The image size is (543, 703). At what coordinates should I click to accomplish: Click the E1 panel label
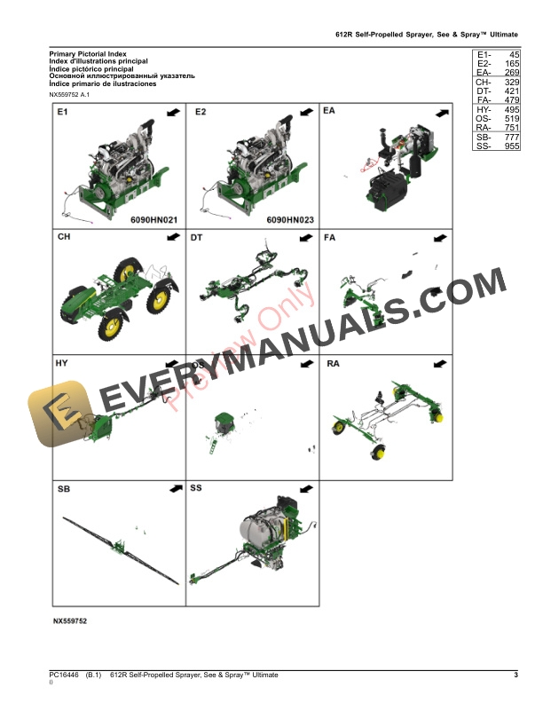pyautogui.click(x=62, y=114)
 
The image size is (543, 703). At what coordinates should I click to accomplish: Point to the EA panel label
pyautogui.click(x=330, y=114)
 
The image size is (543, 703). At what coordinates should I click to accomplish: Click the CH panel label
pyautogui.click(x=64, y=238)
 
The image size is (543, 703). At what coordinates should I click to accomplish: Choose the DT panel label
pyautogui.click(x=197, y=238)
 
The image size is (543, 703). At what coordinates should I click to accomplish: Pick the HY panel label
pyautogui.click(x=62, y=364)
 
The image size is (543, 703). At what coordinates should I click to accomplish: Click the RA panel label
pyautogui.click(x=333, y=364)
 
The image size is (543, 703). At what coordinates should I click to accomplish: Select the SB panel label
pyautogui.click(x=63, y=490)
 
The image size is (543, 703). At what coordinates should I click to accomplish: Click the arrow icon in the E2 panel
pyautogui.click(x=307, y=113)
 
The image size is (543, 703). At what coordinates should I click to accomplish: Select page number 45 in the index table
pyautogui.click(x=510, y=55)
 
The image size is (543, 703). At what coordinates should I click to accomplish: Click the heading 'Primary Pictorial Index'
pyautogui.click(x=87, y=54)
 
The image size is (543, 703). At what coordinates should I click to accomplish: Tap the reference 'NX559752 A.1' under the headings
pyautogui.click(x=76, y=94)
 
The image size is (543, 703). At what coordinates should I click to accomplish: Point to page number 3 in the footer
pyautogui.click(x=515, y=676)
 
